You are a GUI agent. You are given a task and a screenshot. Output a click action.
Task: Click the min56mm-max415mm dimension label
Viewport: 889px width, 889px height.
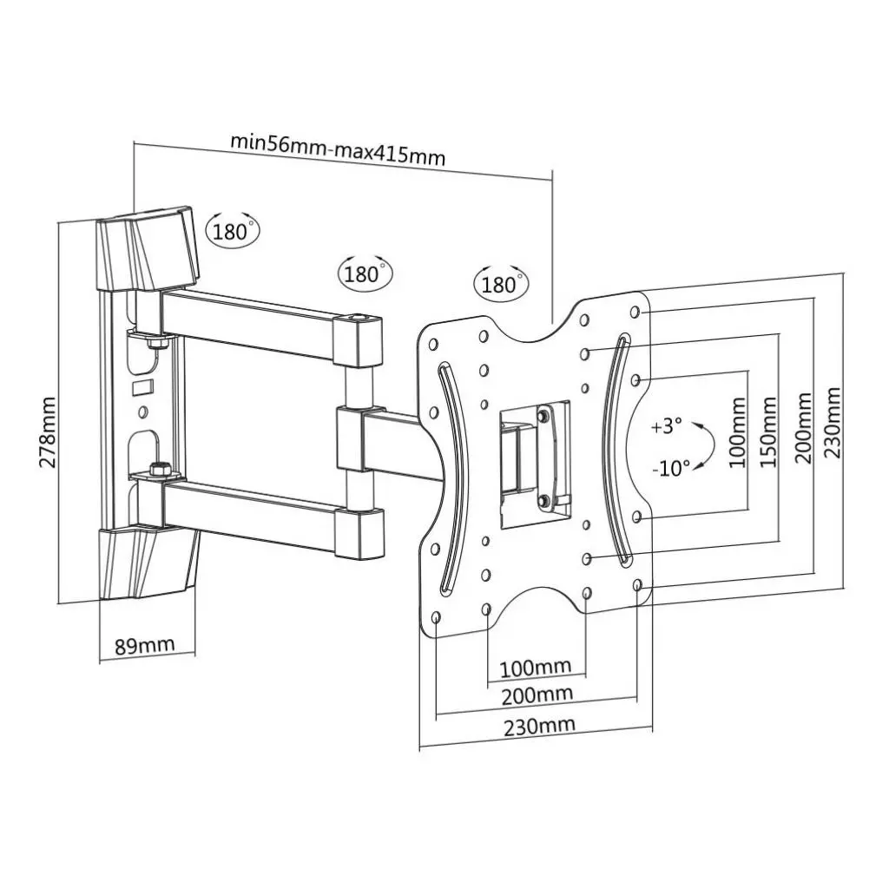338,148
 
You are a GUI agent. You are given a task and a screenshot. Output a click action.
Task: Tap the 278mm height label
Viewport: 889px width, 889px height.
48,431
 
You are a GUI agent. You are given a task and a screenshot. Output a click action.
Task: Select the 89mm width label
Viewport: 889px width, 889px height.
144,645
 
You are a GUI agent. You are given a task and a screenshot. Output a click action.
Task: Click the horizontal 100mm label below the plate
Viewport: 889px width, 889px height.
536,667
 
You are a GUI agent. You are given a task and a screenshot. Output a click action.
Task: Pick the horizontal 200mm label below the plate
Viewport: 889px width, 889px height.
537,695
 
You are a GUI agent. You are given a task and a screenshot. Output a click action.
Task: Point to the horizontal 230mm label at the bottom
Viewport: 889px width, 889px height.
539,725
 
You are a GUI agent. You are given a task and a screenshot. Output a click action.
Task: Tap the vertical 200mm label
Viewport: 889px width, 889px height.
804,427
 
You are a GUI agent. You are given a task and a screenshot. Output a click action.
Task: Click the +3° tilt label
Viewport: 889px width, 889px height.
667,427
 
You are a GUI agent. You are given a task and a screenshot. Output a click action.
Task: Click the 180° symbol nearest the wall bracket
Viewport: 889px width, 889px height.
233,231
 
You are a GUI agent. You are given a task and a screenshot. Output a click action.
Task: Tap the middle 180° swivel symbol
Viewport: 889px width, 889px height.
364,274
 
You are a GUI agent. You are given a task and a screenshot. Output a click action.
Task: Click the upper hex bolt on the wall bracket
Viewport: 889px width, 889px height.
156,344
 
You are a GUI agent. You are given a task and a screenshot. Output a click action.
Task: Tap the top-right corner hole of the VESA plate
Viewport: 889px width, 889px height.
637,311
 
